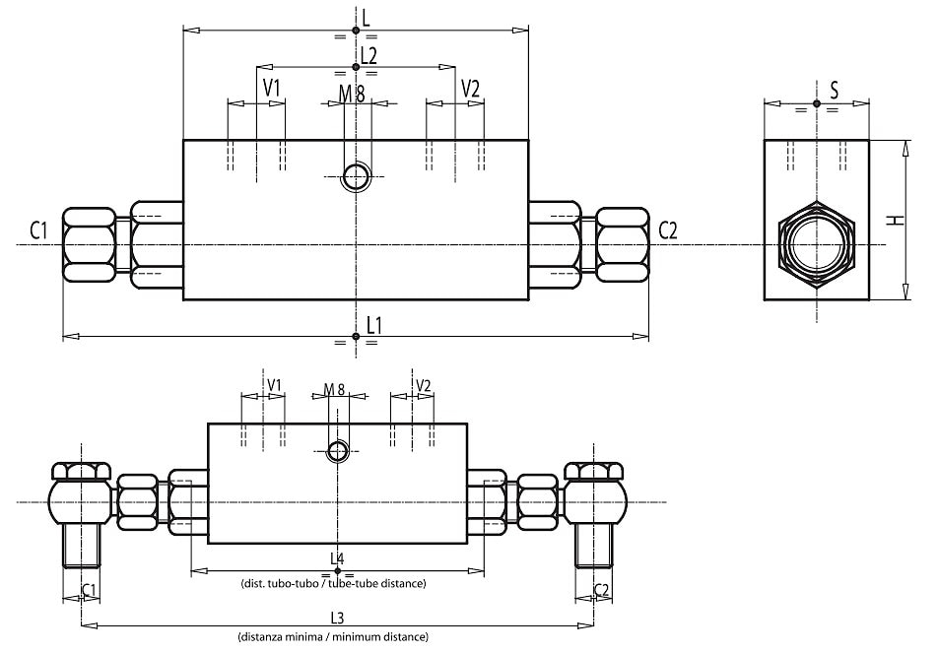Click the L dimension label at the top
[x=365, y=17]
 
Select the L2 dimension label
[x=368, y=55]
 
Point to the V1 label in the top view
[x=272, y=88]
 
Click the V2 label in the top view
[x=470, y=88]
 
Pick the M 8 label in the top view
[x=352, y=94]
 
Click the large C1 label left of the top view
[x=38, y=231]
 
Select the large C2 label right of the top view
[x=667, y=230]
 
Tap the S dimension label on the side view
[x=834, y=91]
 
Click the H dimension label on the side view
[x=895, y=220]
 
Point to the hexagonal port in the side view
[x=817, y=243]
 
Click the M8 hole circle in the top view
[x=355, y=177]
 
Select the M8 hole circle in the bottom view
[x=338, y=450]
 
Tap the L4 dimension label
[x=337, y=558]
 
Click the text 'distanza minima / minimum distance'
[x=333, y=637]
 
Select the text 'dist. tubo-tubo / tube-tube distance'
[x=333, y=583]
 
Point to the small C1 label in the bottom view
[x=89, y=589]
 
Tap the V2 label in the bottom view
[x=424, y=384]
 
